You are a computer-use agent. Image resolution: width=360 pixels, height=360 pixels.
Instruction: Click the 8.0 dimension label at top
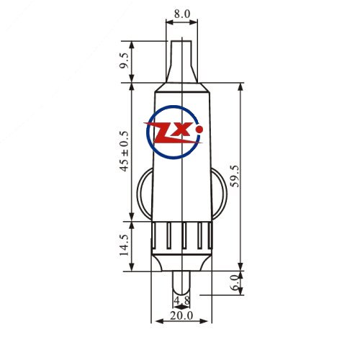182,14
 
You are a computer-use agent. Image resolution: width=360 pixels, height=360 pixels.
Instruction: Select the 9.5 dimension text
125,60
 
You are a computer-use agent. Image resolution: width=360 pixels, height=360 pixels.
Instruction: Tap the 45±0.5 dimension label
125,151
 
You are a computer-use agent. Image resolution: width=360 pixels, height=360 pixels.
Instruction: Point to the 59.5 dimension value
235,176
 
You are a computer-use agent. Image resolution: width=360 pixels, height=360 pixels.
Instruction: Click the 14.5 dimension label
125,245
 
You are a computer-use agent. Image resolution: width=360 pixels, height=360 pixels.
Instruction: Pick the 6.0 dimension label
235,282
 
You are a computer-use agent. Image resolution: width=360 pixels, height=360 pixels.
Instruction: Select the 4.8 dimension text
181,300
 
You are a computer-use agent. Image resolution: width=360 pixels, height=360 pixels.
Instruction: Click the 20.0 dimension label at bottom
181,316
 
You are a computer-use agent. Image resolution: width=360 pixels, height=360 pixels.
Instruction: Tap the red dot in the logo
199,130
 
